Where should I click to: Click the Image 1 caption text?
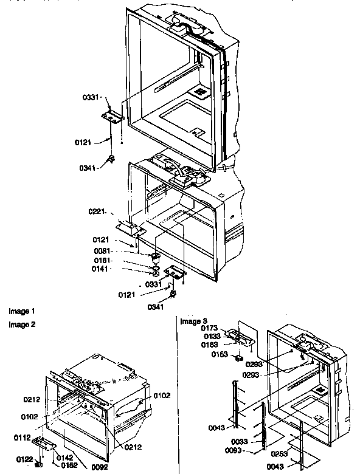(x=22, y=311)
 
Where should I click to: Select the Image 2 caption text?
(x=22, y=324)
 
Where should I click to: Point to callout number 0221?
(x=98, y=212)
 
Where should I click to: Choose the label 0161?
(x=102, y=259)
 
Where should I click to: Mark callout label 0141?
(x=102, y=268)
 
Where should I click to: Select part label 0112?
(x=22, y=437)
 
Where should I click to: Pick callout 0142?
(x=65, y=456)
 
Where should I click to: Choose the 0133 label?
(x=211, y=336)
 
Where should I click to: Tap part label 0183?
(x=211, y=345)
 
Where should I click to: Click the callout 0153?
(x=220, y=355)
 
